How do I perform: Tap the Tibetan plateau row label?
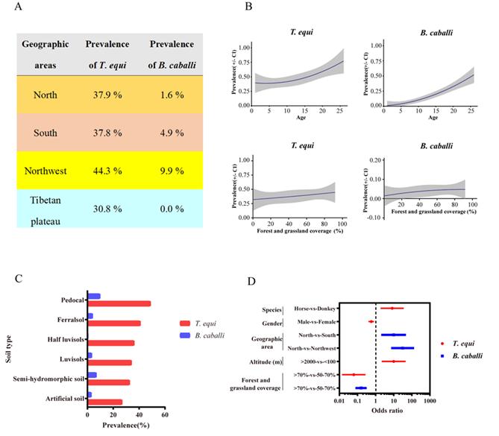[45, 210]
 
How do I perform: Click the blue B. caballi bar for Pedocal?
[94, 297]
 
